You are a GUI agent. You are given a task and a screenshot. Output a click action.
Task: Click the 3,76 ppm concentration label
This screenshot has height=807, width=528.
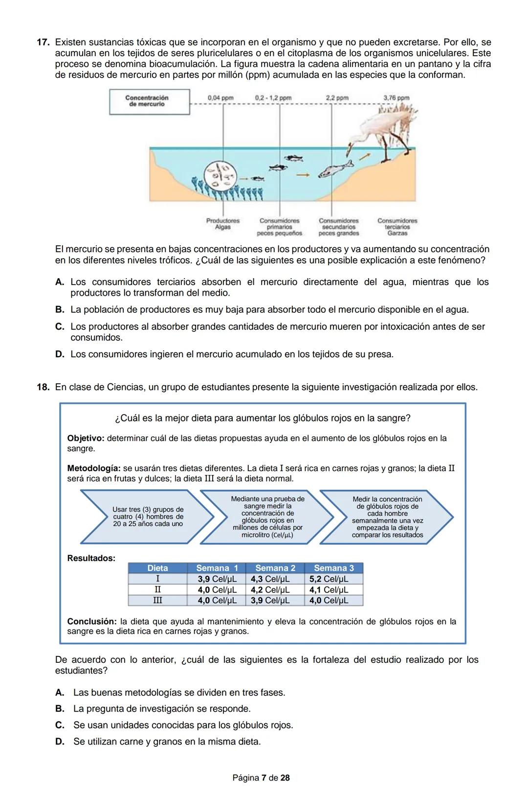pos(396,98)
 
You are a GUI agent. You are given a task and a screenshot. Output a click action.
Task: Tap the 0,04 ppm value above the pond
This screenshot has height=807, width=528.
pos(220,98)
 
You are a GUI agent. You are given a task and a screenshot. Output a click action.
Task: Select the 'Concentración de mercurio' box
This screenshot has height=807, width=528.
pos(149,101)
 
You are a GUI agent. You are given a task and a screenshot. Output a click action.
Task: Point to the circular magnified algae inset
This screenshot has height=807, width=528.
pos(220,176)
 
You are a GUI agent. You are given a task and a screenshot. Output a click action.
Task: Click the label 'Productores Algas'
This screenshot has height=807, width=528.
pos(222,224)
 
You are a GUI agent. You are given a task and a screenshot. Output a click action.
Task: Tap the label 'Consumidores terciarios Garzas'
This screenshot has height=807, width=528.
pos(397,227)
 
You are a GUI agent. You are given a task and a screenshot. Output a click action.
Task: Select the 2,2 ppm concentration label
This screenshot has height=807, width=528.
pos(337,98)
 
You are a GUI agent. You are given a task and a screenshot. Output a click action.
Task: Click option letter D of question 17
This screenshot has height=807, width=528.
pos(60,354)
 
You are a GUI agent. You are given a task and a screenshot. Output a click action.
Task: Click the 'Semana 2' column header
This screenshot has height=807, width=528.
pos(275,568)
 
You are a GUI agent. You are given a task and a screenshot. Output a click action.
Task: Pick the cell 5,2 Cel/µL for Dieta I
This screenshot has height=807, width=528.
pos(329,579)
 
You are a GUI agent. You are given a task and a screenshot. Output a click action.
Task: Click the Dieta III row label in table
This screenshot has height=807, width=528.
pos(157,600)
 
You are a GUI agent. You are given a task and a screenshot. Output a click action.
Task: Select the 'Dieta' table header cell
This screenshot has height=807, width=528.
pos(157,568)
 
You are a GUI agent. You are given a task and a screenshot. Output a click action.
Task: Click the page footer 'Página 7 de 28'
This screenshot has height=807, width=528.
pos(261,778)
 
